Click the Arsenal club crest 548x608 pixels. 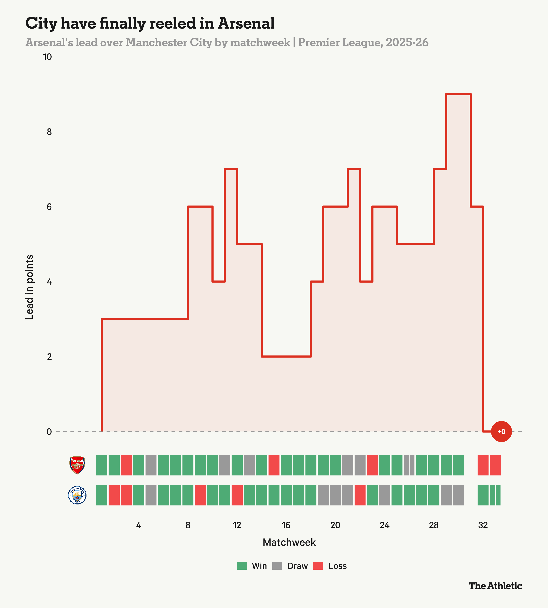point(77,465)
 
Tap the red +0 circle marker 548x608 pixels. point(501,431)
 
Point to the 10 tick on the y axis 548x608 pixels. point(47,57)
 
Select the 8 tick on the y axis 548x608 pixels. point(49,132)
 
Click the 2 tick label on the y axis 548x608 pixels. point(49,357)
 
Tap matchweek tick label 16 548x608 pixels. point(286,525)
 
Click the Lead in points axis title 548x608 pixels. point(29,287)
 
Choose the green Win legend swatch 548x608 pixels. point(242,566)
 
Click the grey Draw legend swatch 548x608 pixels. point(277,566)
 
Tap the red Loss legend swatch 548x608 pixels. point(318,566)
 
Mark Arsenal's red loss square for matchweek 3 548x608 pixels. point(126,465)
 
